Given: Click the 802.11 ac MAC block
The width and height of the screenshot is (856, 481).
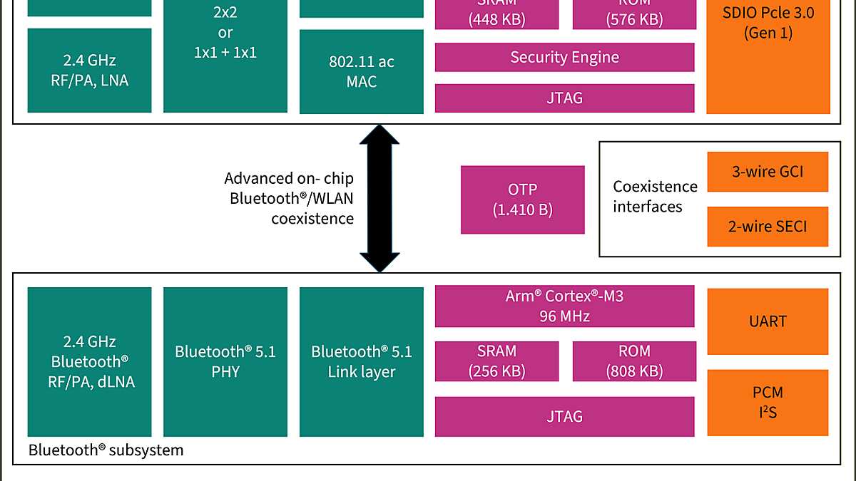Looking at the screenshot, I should (361, 71).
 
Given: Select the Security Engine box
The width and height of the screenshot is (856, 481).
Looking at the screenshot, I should (564, 58).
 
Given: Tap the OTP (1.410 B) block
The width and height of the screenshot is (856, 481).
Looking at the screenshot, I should (522, 200).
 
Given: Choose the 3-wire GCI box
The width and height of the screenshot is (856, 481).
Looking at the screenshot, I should (768, 172).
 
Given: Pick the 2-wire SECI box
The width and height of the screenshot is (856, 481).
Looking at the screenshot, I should (768, 227).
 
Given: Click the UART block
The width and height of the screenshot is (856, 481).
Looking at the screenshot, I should (768, 321).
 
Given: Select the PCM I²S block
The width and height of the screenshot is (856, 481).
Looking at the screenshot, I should (768, 403).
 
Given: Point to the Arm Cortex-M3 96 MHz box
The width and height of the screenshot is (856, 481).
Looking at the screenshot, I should (564, 306).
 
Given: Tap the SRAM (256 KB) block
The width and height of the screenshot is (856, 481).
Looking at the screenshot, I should (496, 361).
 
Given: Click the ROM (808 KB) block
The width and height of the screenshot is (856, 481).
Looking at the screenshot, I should (633, 361).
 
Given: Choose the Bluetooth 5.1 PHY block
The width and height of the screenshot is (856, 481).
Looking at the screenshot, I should (225, 361).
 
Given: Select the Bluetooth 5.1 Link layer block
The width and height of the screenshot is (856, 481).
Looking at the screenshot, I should (361, 361).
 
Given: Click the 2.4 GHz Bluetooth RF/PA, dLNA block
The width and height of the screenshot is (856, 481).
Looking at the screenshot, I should (89, 361).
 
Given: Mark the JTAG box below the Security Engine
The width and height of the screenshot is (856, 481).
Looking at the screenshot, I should (564, 98).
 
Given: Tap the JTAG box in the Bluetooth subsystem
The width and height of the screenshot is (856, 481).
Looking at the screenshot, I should (564, 416).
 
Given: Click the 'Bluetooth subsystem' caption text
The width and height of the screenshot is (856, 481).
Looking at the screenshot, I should (106, 450).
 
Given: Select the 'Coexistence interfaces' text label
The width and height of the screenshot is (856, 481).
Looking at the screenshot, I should (655, 197).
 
